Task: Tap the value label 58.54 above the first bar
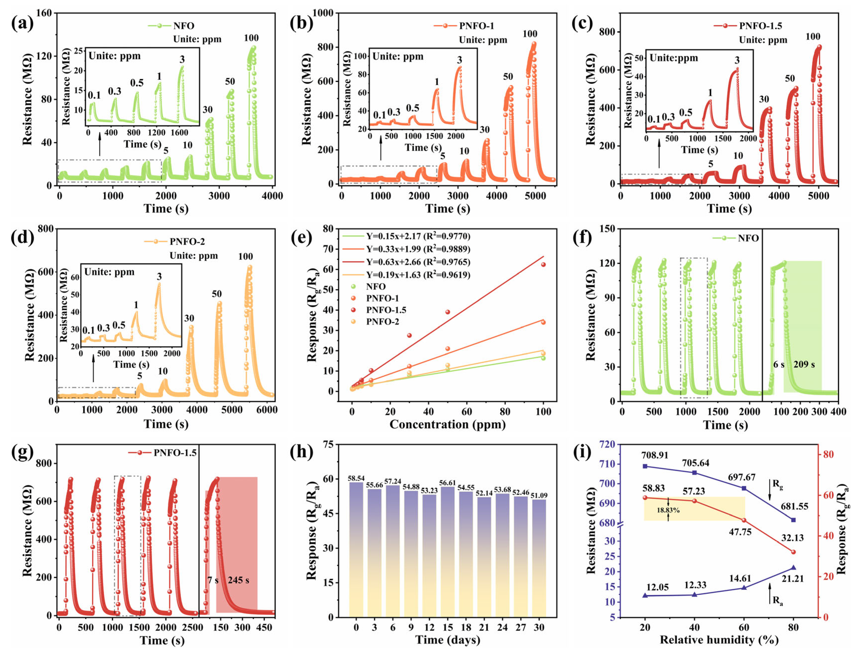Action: pos(356,478)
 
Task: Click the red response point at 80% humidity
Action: pos(793,552)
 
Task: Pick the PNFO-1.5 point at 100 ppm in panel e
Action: pos(543,264)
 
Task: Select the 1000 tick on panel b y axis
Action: pos(323,13)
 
